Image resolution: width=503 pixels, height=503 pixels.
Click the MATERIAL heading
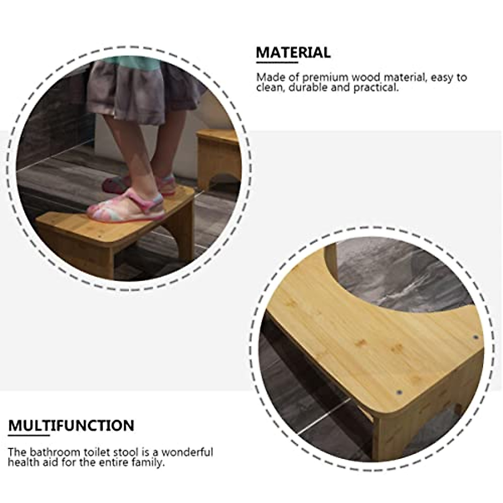(293, 53)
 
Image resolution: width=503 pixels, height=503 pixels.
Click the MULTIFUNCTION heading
(71, 425)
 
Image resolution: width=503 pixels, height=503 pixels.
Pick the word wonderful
(187, 453)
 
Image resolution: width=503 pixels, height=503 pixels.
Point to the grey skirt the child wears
(138, 90)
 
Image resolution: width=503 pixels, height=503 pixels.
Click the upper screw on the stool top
(475, 337)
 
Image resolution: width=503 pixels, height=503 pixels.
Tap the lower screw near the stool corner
(399, 393)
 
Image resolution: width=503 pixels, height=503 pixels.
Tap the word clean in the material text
(268, 88)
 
